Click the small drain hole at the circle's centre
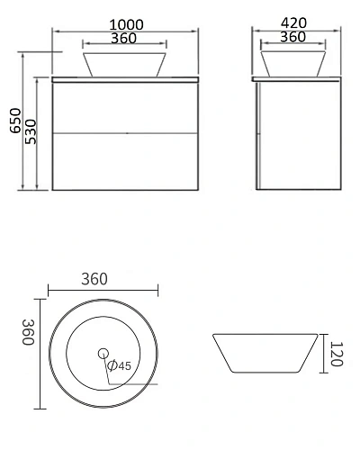pos(102,354)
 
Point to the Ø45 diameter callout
pos(119,366)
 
